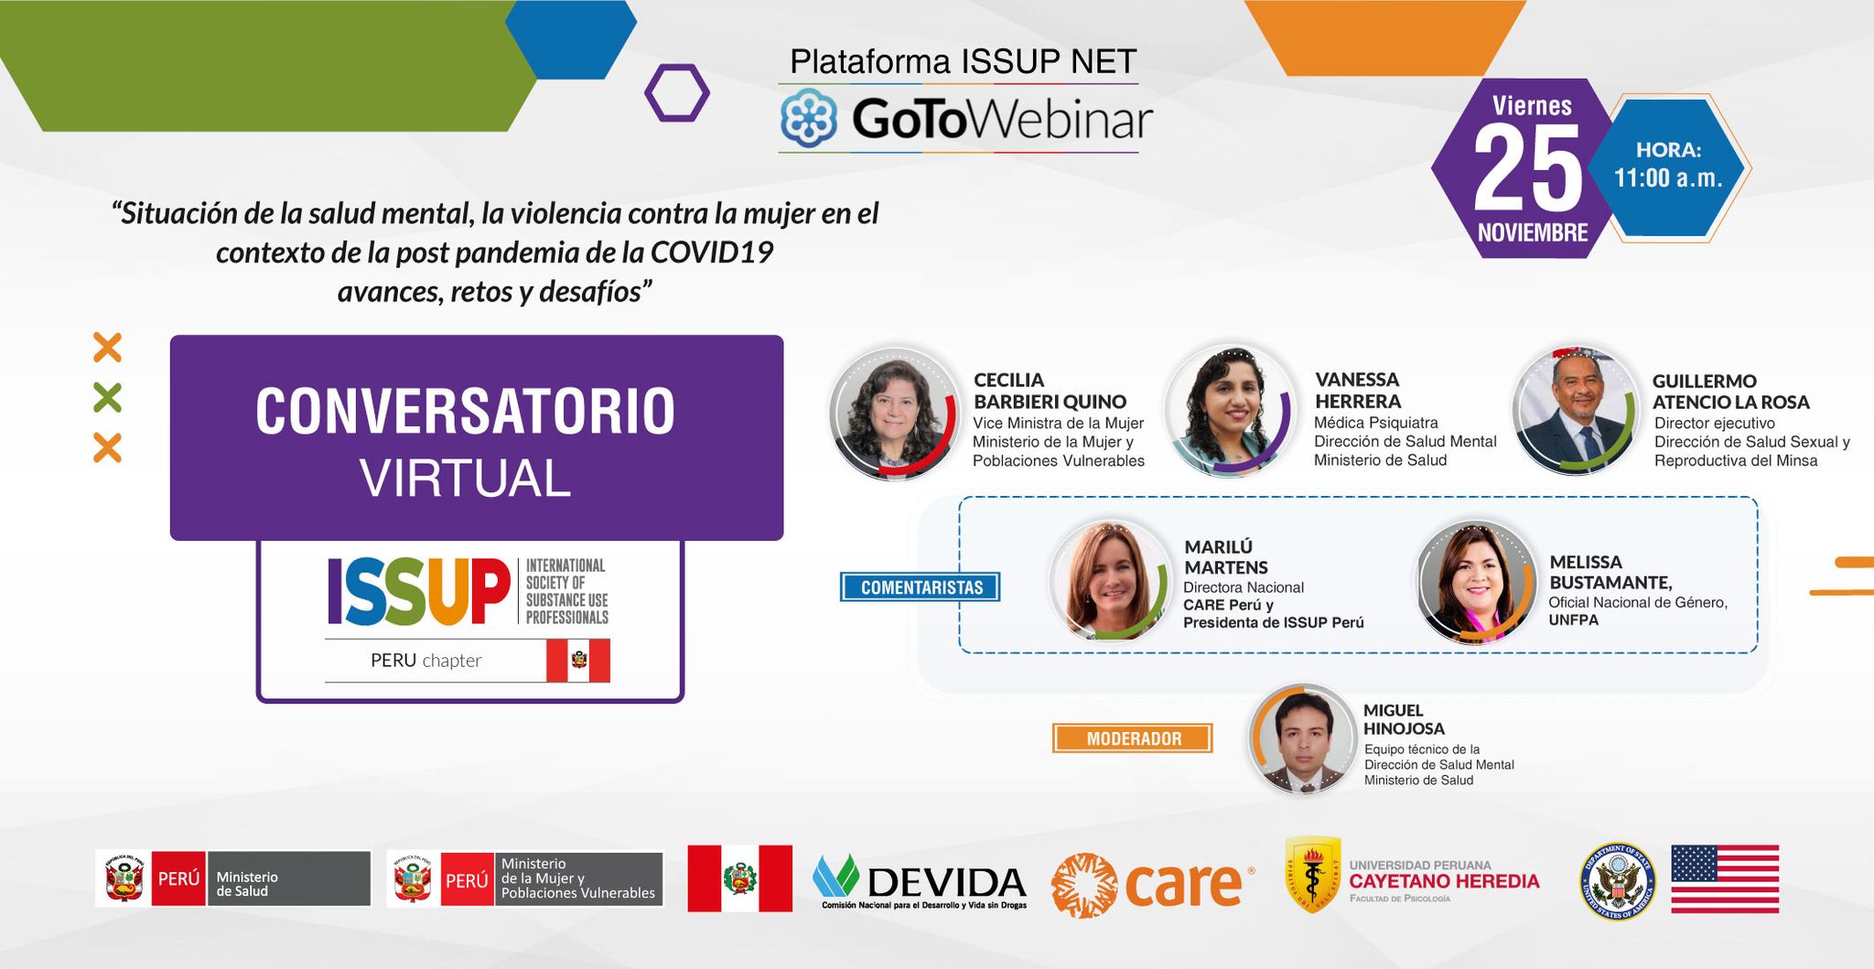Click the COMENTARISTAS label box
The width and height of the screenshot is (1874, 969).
coord(921,587)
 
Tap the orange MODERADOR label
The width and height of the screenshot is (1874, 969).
coord(1133,738)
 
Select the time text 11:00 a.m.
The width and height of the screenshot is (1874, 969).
coord(1668,178)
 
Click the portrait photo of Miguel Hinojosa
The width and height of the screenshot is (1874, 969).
coord(1302,738)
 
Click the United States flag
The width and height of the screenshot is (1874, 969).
coord(1725,878)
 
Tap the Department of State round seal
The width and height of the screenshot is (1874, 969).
coord(1617,879)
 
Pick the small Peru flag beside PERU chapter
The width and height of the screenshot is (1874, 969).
coord(578,661)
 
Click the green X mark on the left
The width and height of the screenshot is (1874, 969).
coord(107,398)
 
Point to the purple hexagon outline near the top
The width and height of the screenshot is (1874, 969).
coord(677,92)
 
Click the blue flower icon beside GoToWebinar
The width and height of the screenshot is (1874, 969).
coord(810,118)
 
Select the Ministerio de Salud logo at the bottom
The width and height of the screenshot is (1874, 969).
coord(233,878)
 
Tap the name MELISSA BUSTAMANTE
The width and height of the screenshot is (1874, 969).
coord(1610,572)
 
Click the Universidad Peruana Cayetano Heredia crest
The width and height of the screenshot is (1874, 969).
coord(1313,874)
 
